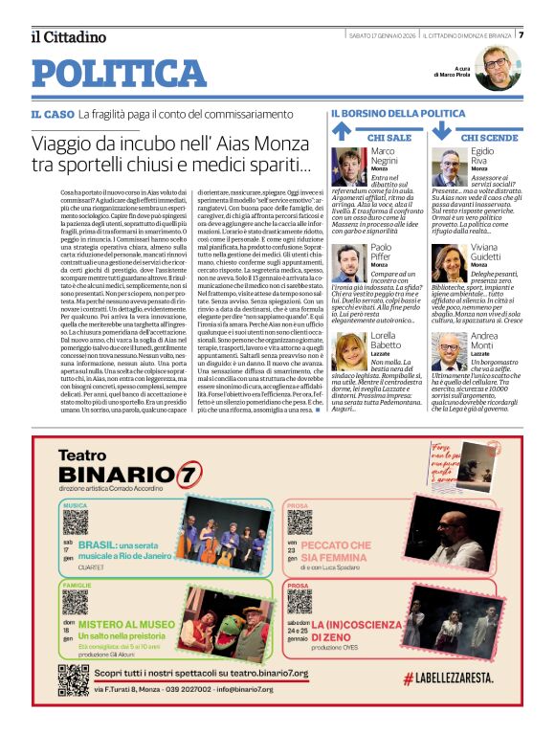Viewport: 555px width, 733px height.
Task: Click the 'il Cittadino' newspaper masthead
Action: (x=68, y=37)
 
